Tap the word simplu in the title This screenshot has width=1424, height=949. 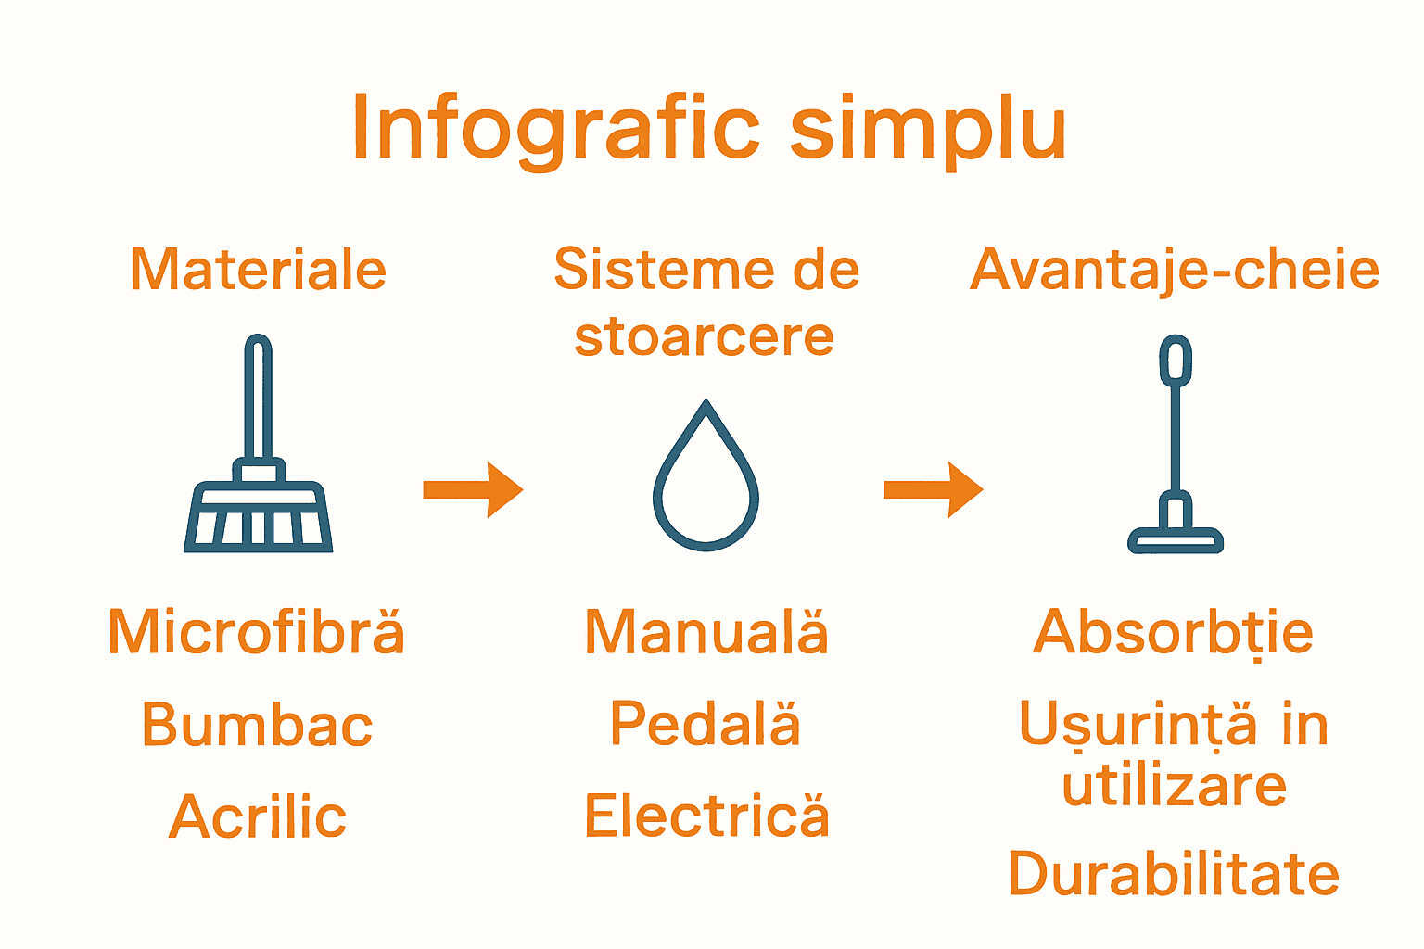pyautogui.click(x=927, y=130)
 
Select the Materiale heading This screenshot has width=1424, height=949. pyautogui.click(x=258, y=270)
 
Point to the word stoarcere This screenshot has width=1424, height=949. pyautogui.click(x=705, y=336)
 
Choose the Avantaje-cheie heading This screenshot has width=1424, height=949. pyautogui.click(x=1175, y=270)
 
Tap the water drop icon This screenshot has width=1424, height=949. pyautogui.click(x=706, y=476)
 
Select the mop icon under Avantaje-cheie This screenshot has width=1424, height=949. pyautogui.click(x=1176, y=445)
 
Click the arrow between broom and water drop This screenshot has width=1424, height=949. pyautogui.click(x=473, y=489)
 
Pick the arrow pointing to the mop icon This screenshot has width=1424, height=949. pyautogui.click(x=933, y=489)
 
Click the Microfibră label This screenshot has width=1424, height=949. pyautogui.click(x=257, y=633)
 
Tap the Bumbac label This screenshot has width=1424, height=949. pyautogui.click(x=257, y=725)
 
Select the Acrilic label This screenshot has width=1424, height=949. pyautogui.click(x=258, y=817)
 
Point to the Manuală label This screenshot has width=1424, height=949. pyautogui.click(x=706, y=633)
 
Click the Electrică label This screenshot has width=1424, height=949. pyautogui.click(x=706, y=816)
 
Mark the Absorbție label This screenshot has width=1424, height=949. pyautogui.click(x=1174, y=633)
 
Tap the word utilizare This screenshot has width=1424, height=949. pyautogui.click(x=1175, y=786)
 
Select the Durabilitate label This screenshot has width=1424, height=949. pyautogui.click(x=1174, y=874)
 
